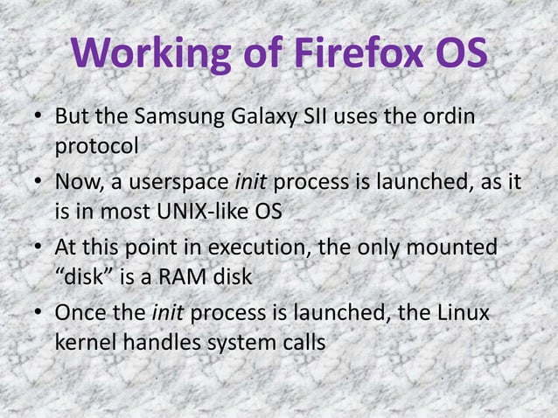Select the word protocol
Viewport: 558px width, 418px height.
pos(96,146)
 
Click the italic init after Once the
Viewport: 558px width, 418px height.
pos(166,313)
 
